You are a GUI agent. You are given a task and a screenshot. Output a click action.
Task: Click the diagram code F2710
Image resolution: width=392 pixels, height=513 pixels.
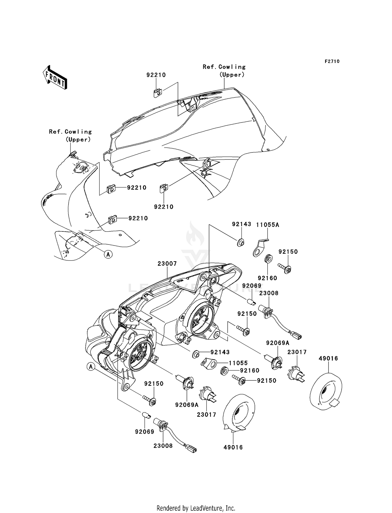click(332, 61)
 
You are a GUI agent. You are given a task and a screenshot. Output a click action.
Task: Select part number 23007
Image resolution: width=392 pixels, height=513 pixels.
click(167, 264)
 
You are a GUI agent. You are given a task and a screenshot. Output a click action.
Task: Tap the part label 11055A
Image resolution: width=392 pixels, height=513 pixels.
click(267, 225)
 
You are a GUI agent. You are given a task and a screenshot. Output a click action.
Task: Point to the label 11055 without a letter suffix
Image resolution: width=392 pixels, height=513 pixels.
click(238, 363)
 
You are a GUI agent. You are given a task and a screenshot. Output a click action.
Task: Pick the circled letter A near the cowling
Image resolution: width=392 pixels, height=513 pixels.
click(108, 254)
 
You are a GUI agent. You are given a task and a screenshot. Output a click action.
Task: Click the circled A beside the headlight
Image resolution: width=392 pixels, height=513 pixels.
click(91, 367)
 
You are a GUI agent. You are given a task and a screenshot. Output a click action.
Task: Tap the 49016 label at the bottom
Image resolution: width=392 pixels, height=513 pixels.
click(233, 447)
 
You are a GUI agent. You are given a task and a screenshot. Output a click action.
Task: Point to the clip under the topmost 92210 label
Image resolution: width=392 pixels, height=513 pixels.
click(157, 93)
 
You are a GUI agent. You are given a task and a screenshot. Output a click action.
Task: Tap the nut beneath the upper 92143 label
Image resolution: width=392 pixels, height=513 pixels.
click(241, 243)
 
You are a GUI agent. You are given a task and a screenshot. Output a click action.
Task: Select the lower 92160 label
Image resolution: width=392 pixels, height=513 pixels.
click(250, 370)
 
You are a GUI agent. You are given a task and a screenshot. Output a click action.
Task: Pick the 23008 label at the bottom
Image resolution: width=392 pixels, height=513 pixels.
click(163, 446)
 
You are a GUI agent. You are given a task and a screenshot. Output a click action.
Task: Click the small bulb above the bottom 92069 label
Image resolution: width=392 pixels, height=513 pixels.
click(146, 415)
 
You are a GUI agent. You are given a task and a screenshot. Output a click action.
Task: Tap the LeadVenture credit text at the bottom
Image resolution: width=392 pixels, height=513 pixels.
click(196, 508)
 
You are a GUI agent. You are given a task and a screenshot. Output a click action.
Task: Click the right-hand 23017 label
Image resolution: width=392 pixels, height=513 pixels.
click(297, 352)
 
